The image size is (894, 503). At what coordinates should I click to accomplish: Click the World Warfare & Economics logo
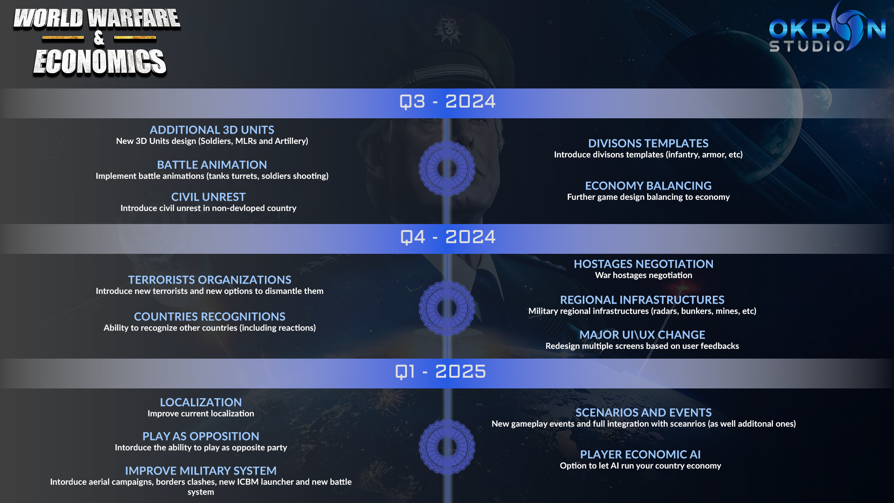97,42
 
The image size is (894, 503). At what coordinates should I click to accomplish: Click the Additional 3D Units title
212,130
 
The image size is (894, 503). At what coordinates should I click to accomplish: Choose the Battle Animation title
212,165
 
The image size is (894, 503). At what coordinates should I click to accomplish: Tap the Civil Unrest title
208,197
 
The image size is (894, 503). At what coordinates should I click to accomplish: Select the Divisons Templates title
648,143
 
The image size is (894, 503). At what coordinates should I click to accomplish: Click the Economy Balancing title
648,186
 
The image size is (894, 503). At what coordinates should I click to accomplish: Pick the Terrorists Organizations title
210,280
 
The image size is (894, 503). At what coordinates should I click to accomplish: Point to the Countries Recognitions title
210,317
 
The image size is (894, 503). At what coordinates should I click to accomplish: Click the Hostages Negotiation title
643,264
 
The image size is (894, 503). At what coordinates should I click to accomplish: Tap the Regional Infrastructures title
642,300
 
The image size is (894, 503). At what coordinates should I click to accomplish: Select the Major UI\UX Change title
642,335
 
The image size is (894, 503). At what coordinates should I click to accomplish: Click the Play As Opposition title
201,436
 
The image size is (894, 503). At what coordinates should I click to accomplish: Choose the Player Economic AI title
640,455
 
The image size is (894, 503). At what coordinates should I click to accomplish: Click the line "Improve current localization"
201,414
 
